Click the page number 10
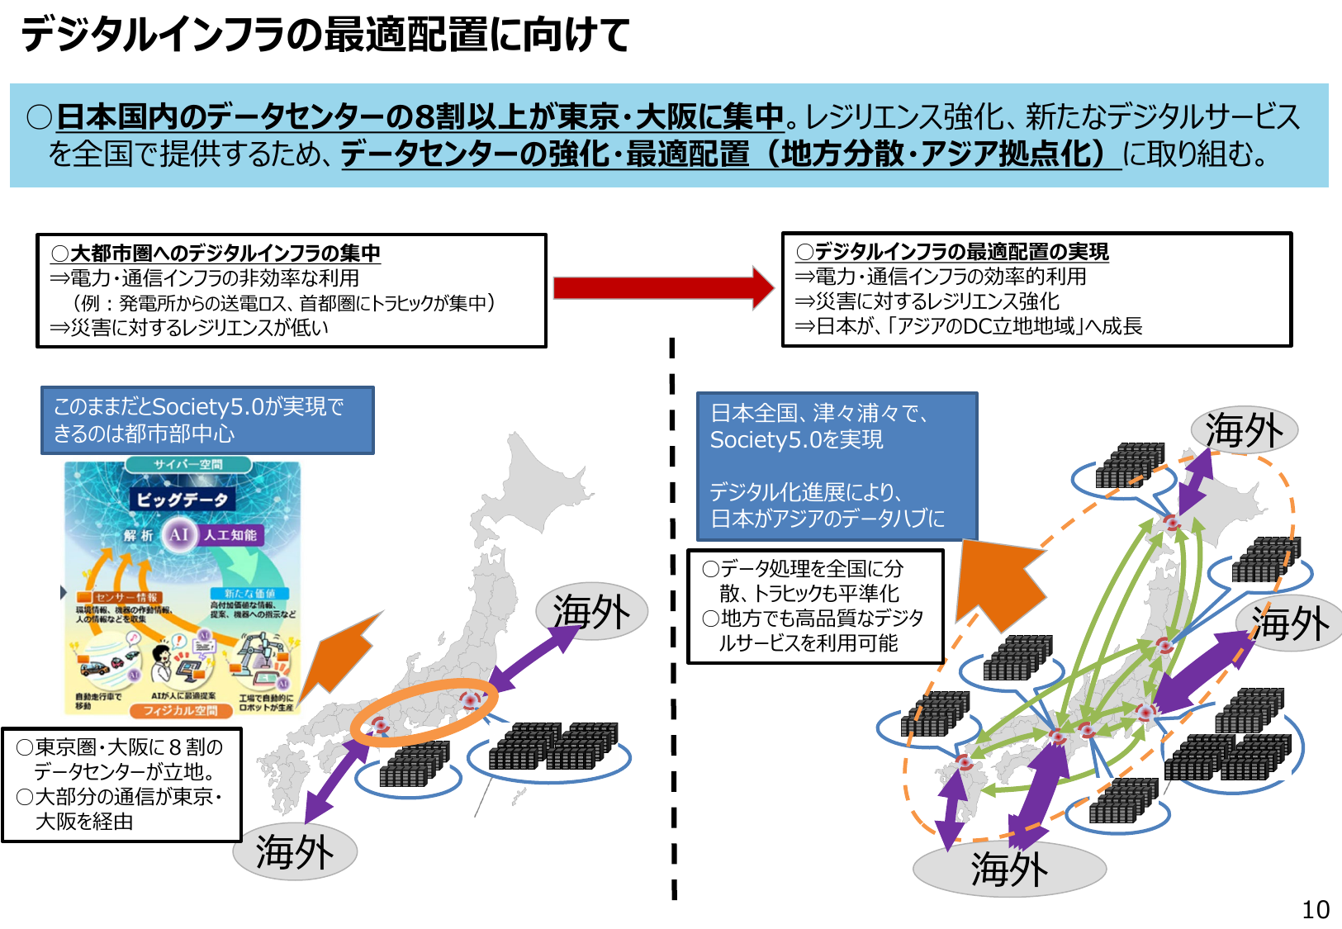coord(1316,909)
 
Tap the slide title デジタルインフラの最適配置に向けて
coord(325,35)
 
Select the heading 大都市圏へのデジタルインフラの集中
coord(216,253)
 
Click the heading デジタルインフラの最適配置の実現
coord(953,252)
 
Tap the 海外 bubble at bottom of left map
coord(295,851)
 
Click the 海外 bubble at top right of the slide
coord(1244,430)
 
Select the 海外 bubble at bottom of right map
coord(1009,869)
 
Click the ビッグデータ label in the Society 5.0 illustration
coord(182,500)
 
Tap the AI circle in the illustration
coord(178,534)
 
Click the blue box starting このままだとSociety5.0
coord(207,420)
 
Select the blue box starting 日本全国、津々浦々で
coord(836,466)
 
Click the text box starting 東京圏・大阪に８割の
coord(121,784)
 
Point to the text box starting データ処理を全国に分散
coord(814,606)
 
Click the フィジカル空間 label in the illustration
coord(181,710)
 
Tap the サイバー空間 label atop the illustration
coord(188,465)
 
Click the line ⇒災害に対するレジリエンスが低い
coord(189,328)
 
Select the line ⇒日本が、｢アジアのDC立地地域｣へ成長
coord(969,326)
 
